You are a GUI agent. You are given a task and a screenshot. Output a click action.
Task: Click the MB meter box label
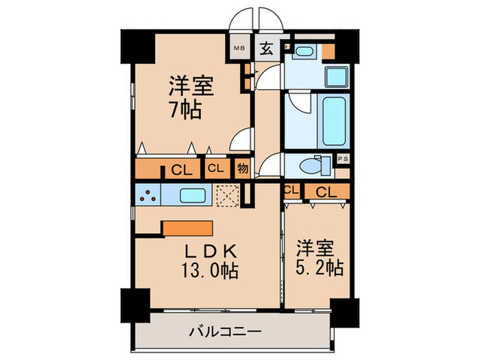click(x=239, y=48)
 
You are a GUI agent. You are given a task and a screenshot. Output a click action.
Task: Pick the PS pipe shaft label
click(x=344, y=159)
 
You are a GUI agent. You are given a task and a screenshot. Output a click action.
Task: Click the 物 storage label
click(x=242, y=168)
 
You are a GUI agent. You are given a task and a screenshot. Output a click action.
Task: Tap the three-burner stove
click(x=147, y=195)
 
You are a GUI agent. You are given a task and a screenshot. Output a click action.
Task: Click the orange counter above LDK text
click(x=188, y=228)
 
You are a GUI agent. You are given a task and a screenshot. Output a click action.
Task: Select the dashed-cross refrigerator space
click(x=226, y=195)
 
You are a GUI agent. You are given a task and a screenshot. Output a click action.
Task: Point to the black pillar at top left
click(x=136, y=45)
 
